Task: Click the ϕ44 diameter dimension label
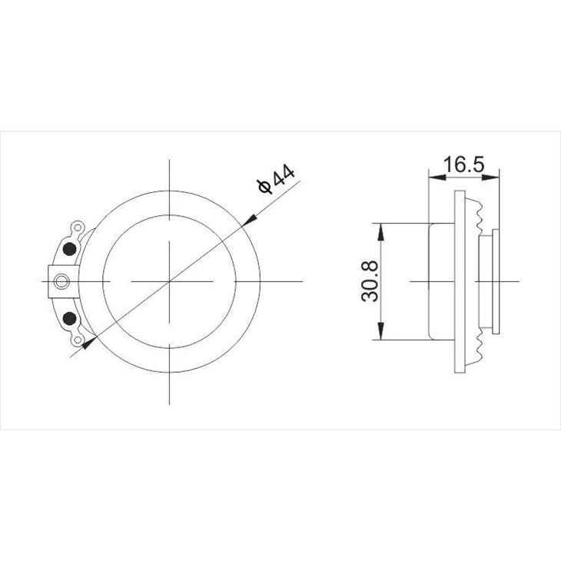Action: [x=276, y=181]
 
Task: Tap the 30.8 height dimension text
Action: [x=370, y=281]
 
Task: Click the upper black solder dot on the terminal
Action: [x=69, y=248]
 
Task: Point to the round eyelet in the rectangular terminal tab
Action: [x=61, y=281]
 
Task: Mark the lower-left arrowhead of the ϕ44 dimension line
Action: [x=89, y=344]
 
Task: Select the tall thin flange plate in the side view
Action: [x=460, y=281]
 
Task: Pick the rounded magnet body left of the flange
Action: [x=441, y=281]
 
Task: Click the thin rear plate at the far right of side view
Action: [x=496, y=281]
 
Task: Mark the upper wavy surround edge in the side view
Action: [x=477, y=212]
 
